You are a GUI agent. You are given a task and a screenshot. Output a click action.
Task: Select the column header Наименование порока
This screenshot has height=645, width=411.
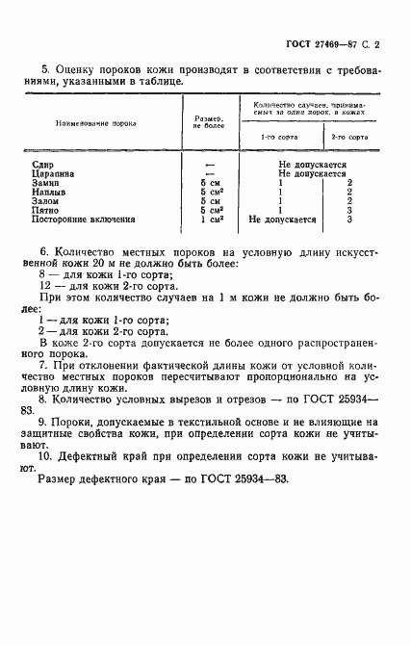tap(95, 124)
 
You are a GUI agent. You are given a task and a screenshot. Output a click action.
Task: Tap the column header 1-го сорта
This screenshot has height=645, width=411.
tap(280, 137)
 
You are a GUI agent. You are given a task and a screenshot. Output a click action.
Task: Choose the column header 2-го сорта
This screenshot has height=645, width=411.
tap(350, 137)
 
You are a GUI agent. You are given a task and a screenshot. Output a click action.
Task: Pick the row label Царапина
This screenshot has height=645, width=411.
tap(52, 174)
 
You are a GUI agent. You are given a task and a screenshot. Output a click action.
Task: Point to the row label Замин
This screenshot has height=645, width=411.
tap(45, 183)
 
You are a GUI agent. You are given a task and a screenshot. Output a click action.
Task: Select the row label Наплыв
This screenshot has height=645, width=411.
tap(48, 192)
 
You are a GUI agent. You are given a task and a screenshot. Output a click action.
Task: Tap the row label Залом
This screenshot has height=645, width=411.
tap(45, 201)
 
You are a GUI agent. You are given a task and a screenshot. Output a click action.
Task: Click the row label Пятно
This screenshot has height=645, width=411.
tap(45, 210)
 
